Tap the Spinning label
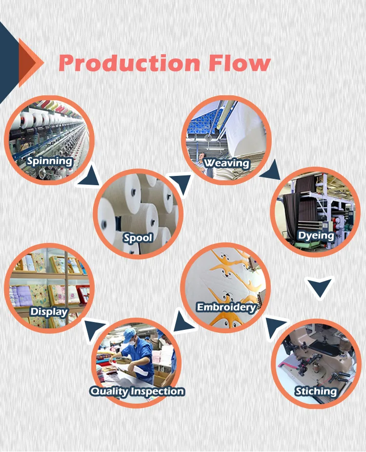(x=50, y=161)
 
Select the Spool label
(x=138, y=238)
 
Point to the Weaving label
(x=226, y=163)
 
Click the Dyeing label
(x=316, y=236)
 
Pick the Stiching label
(x=316, y=391)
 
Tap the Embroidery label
(x=226, y=307)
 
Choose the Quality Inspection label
(x=137, y=391)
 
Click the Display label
(x=49, y=311)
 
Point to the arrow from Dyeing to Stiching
(x=320, y=287)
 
